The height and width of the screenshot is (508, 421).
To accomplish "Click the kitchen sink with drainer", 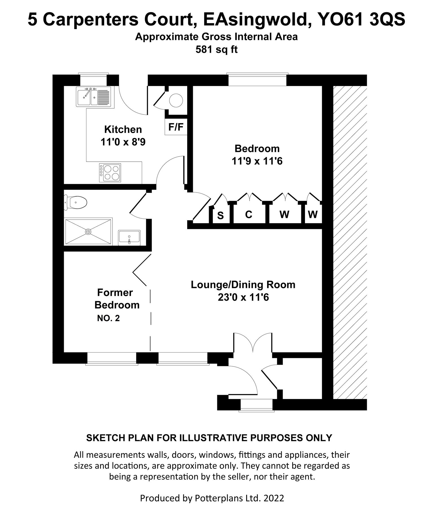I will (95, 97).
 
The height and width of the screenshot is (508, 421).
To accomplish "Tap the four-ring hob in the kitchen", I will (110, 172).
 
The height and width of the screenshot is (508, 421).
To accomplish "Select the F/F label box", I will (176, 127).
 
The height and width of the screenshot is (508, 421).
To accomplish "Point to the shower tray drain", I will (88, 231).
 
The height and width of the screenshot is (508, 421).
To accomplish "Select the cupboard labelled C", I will (248, 214).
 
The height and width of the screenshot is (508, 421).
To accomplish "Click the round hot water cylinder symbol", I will (176, 100).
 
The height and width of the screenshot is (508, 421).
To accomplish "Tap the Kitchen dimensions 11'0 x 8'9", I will (123, 142).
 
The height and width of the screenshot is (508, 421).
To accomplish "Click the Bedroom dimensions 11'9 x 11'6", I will (257, 161).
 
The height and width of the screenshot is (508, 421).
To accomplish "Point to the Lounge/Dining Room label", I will (243, 284).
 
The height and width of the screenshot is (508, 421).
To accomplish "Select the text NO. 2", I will (108, 318).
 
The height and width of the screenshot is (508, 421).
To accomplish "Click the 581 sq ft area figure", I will (216, 50).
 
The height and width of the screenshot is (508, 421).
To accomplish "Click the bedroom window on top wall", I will (257, 79).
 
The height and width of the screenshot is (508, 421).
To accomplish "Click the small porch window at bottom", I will (256, 405).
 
